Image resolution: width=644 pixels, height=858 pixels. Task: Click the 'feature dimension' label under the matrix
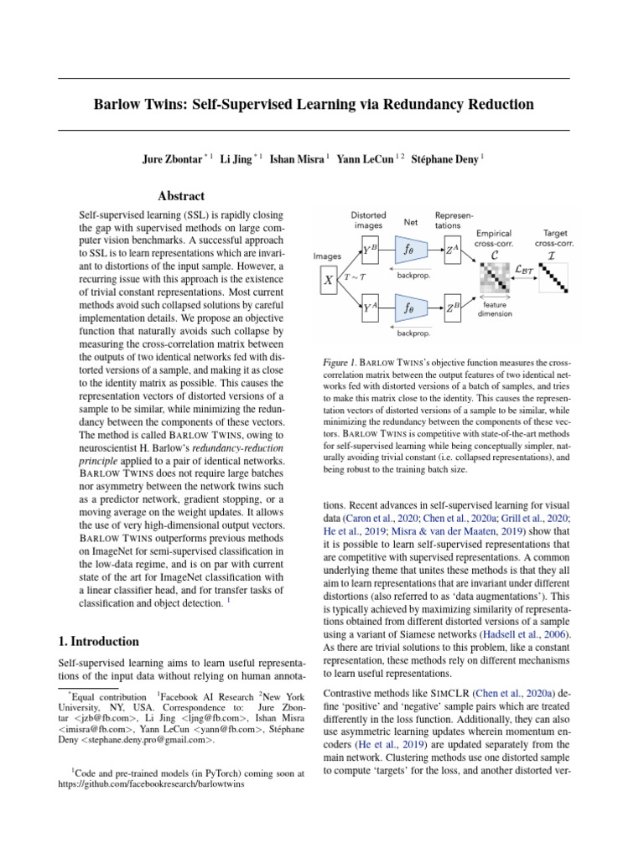(x=495, y=310)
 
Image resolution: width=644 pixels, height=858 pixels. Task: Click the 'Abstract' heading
(x=181, y=196)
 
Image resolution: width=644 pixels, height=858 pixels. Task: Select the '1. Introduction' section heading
(x=98, y=642)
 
